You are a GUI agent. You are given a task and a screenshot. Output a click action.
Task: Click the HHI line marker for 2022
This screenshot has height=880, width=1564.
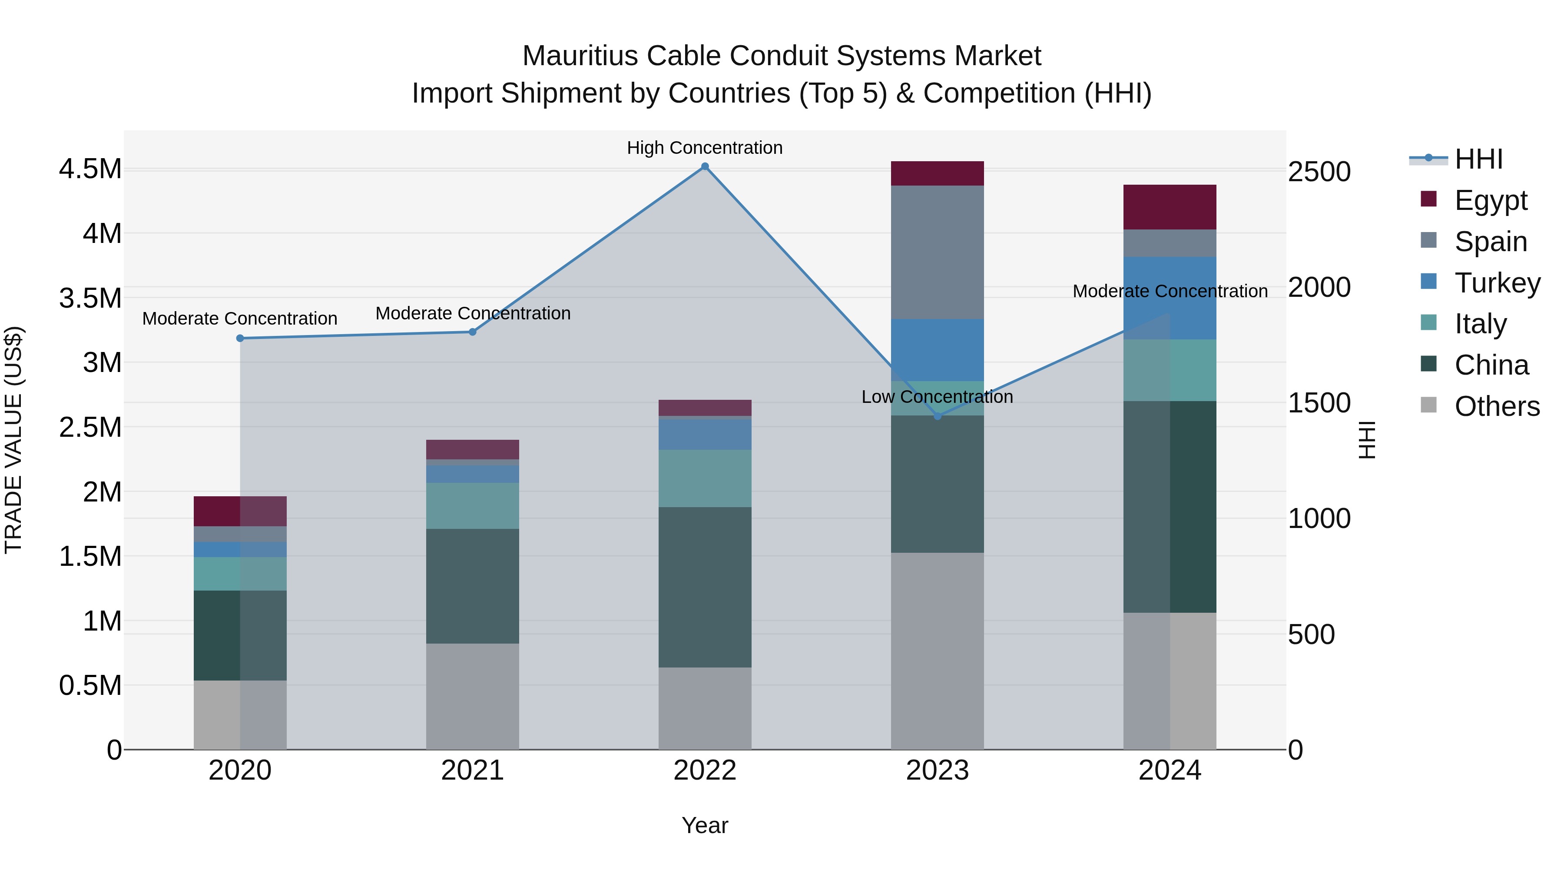(705, 166)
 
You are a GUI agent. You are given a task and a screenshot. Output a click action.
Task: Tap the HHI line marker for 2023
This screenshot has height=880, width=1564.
(938, 416)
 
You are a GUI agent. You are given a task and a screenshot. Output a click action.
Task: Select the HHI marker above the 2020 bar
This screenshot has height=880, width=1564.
(240, 338)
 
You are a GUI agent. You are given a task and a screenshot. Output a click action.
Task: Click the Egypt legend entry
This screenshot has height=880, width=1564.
(1491, 200)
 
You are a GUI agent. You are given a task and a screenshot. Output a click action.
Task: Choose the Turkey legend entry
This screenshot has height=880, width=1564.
(1497, 282)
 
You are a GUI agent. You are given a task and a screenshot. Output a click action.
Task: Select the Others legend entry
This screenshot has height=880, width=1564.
(1497, 406)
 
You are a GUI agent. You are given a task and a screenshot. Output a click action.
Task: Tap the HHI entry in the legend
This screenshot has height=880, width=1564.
(1478, 159)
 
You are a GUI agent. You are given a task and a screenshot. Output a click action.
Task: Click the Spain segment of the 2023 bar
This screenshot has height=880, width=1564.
(938, 252)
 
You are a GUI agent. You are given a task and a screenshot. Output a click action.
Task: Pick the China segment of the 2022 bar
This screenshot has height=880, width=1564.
(705, 587)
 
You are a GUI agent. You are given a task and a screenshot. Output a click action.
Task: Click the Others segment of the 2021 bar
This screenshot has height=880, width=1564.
(472, 696)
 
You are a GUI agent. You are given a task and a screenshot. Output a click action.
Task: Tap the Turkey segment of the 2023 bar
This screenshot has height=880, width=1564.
(938, 350)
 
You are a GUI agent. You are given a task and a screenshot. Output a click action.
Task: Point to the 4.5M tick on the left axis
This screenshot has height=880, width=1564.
(90, 169)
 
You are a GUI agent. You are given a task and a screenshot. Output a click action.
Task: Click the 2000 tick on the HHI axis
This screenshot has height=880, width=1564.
(1319, 287)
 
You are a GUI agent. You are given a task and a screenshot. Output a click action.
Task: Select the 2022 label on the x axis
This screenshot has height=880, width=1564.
(705, 770)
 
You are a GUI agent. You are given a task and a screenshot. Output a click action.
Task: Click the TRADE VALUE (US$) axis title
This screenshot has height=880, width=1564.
(13, 440)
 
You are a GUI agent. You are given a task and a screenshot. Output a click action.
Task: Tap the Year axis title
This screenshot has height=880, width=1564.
(705, 825)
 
